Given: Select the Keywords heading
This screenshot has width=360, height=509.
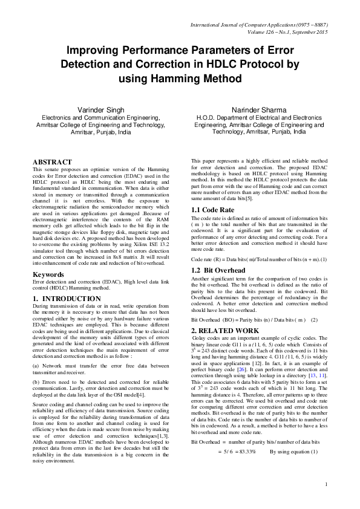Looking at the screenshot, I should click(49, 274).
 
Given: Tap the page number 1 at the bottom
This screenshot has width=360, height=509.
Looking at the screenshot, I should click(326, 484).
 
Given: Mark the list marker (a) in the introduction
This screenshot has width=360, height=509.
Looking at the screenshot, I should click(36, 364).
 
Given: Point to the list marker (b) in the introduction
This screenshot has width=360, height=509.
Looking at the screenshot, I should click(36, 383).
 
